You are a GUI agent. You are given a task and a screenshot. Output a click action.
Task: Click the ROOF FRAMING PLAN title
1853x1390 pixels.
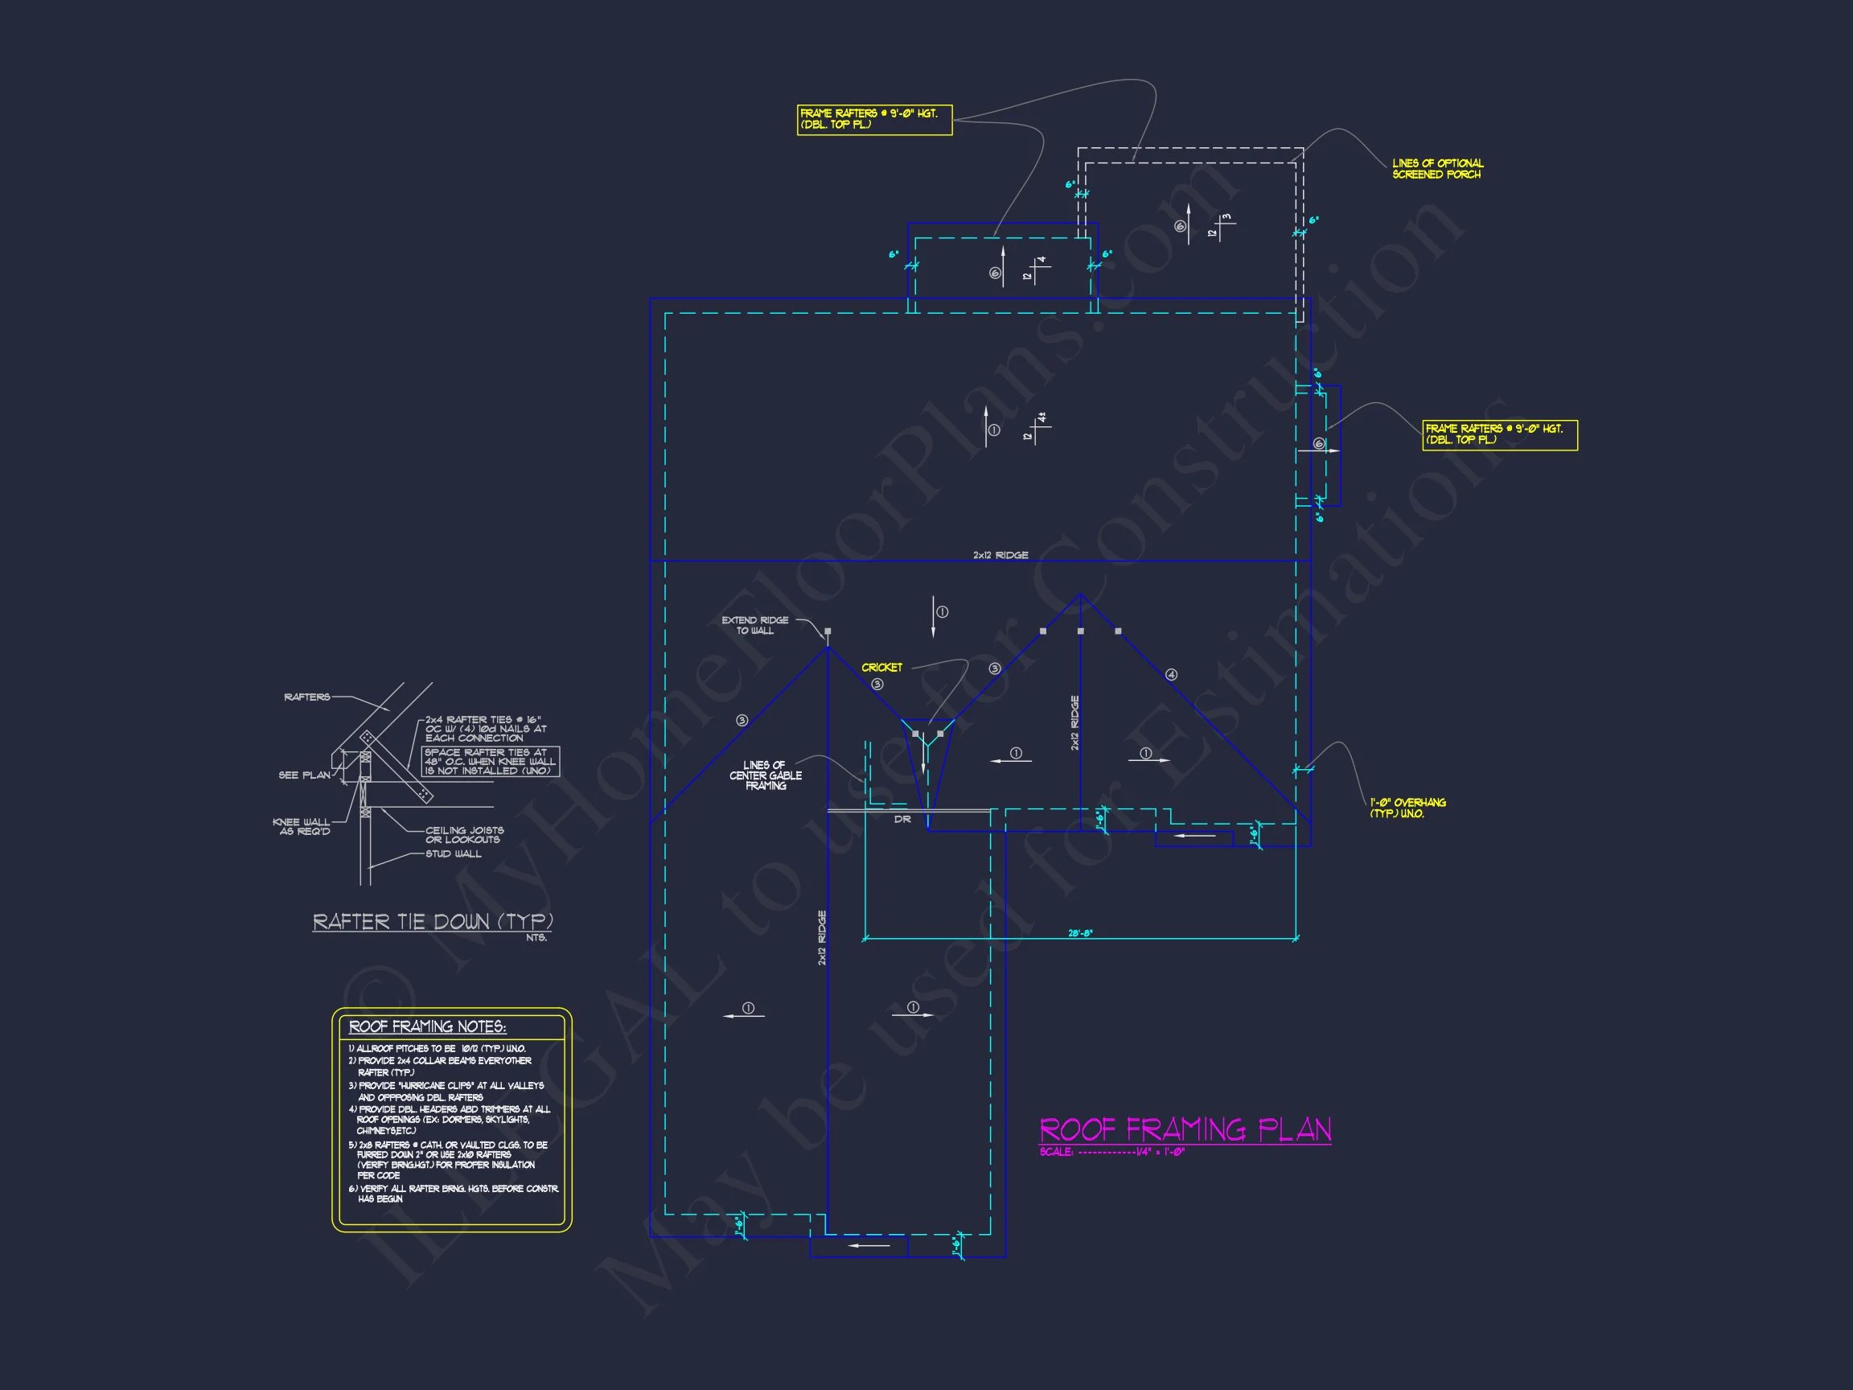tap(1185, 1129)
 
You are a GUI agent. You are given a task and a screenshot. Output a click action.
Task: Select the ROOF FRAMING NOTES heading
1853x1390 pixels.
tap(427, 1027)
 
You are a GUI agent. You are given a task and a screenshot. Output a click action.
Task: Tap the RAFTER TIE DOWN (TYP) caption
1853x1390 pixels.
tap(432, 923)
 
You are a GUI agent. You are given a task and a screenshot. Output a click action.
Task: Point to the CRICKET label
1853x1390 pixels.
tap(882, 668)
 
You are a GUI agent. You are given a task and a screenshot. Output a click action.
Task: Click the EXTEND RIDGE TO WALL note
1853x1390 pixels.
tap(754, 626)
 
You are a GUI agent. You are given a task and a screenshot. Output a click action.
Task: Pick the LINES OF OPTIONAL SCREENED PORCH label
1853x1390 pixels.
tap(1436, 169)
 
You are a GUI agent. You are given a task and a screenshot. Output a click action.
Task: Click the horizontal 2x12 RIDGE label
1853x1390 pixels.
tap(1000, 556)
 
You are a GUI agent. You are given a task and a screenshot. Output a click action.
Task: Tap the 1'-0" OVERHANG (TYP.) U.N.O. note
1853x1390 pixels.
tap(1407, 808)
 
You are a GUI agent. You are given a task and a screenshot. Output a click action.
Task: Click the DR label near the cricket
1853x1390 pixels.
tap(902, 820)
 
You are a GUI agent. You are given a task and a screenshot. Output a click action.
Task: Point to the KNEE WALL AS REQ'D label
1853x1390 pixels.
tap(302, 827)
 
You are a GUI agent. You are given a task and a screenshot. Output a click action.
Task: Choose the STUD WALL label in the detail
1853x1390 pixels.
tap(454, 854)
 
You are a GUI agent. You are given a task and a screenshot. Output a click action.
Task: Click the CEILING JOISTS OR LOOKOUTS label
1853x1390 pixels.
tap(464, 835)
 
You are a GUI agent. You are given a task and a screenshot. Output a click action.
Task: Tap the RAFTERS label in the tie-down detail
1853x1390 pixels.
tap(306, 697)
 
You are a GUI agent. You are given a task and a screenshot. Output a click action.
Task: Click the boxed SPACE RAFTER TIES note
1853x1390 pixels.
tap(490, 762)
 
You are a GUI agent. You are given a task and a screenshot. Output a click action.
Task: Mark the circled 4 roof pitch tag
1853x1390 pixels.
tap(1171, 674)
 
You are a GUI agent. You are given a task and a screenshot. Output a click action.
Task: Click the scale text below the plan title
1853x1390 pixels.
tap(1111, 1153)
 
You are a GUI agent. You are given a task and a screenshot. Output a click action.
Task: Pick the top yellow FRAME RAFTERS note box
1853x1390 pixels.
tap(873, 119)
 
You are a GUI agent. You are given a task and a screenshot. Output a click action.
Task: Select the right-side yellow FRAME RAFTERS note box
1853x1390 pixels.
tap(1499, 435)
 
